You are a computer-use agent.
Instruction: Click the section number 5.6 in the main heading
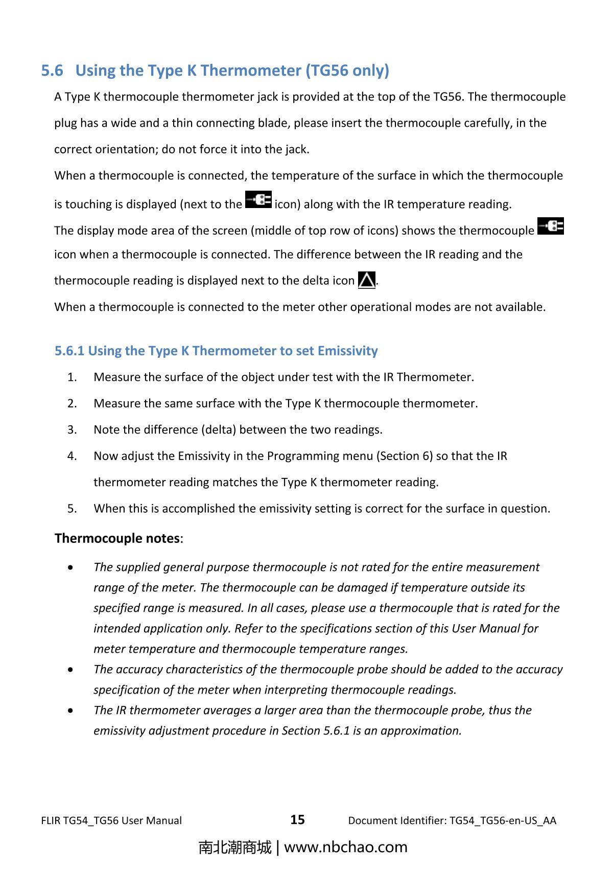click(52, 71)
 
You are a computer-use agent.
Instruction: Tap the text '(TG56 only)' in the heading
click(347, 71)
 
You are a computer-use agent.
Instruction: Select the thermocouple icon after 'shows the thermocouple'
click(551, 226)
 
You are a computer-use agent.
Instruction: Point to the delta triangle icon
click(367, 280)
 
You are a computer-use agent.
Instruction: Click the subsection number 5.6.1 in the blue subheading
click(69, 351)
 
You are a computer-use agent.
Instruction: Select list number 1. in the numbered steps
click(72, 377)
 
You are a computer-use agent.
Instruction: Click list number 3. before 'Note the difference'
click(72, 430)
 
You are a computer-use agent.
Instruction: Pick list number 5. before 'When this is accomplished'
click(72, 509)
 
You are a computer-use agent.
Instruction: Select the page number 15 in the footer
click(297, 820)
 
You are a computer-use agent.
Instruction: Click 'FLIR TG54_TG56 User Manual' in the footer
click(111, 821)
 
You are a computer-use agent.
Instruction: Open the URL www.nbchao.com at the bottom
click(345, 847)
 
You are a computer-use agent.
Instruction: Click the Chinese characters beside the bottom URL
click(235, 847)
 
